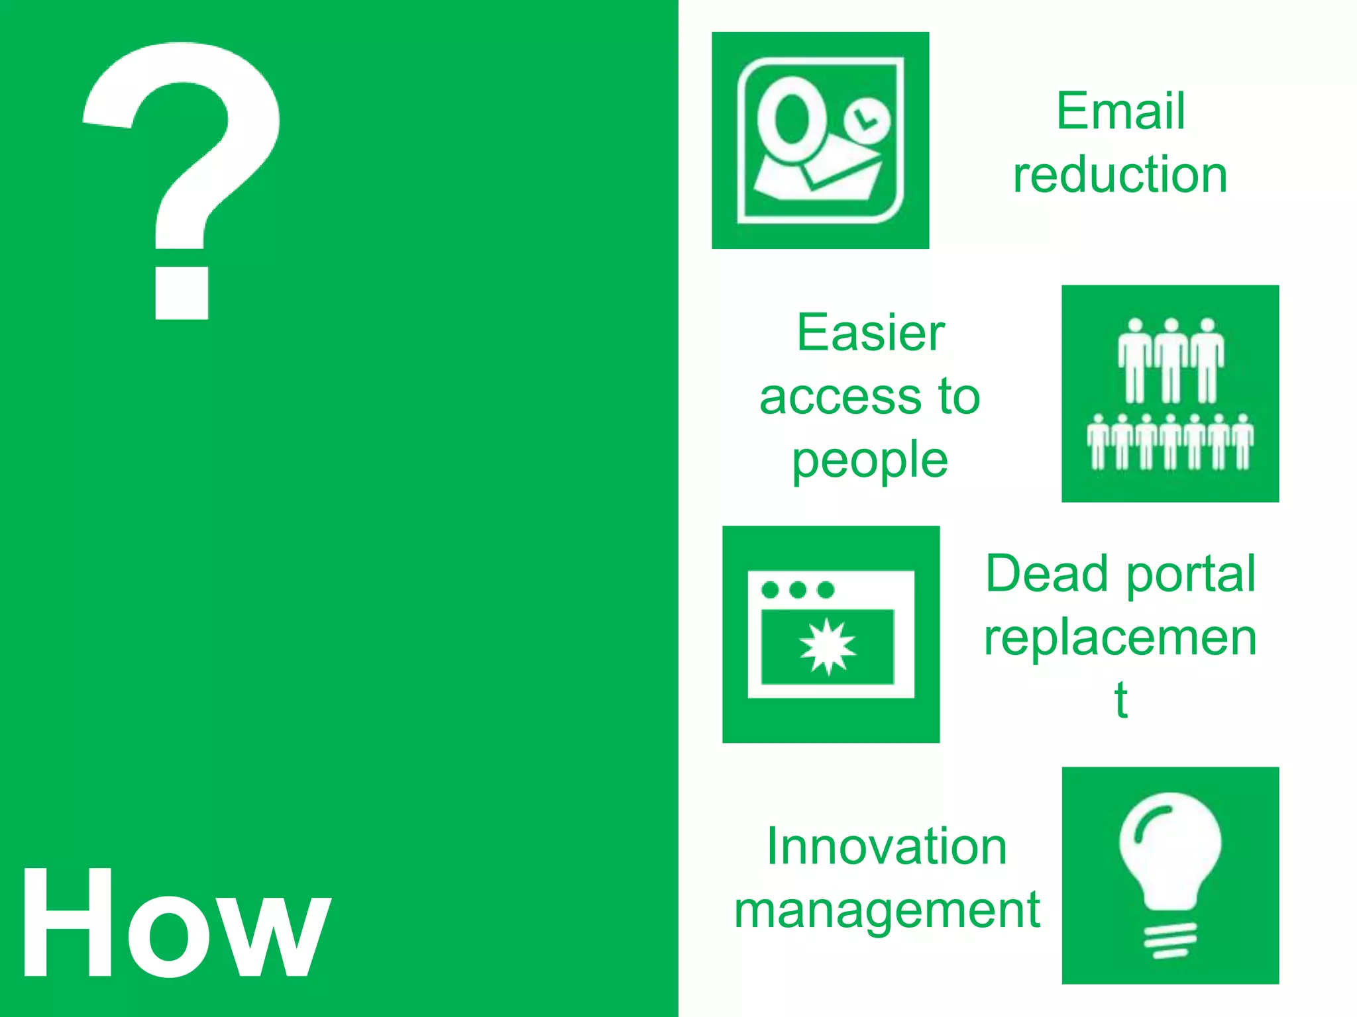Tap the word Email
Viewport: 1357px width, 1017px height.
(x=1120, y=111)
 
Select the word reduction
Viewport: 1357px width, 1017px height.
(x=1120, y=175)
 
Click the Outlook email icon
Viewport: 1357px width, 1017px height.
(x=820, y=140)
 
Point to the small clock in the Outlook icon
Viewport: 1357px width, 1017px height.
(x=867, y=121)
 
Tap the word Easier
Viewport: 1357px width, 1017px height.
(x=870, y=332)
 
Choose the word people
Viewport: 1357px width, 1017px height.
(x=870, y=461)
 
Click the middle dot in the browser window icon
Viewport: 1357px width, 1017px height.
(x=798, y=589)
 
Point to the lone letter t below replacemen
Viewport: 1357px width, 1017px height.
(x=1120, y=700)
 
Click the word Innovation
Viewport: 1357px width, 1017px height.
(x=887, y=847)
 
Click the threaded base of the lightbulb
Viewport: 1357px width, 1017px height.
(x=1170, y=941)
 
